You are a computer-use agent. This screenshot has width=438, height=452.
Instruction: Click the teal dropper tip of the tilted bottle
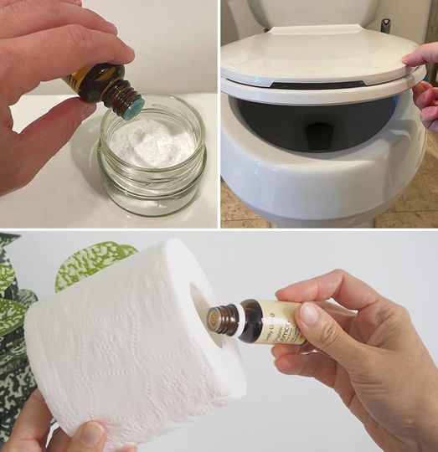(x=134, y=105)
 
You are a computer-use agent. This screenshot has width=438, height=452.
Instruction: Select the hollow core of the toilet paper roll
(x=199, y=307)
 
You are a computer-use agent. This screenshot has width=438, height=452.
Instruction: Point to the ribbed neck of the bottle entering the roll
(x=223, y=319)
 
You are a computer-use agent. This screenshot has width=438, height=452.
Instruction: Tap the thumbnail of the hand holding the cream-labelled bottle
(x=309, y=314)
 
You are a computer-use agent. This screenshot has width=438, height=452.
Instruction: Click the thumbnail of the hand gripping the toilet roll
(x=92, y=434)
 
